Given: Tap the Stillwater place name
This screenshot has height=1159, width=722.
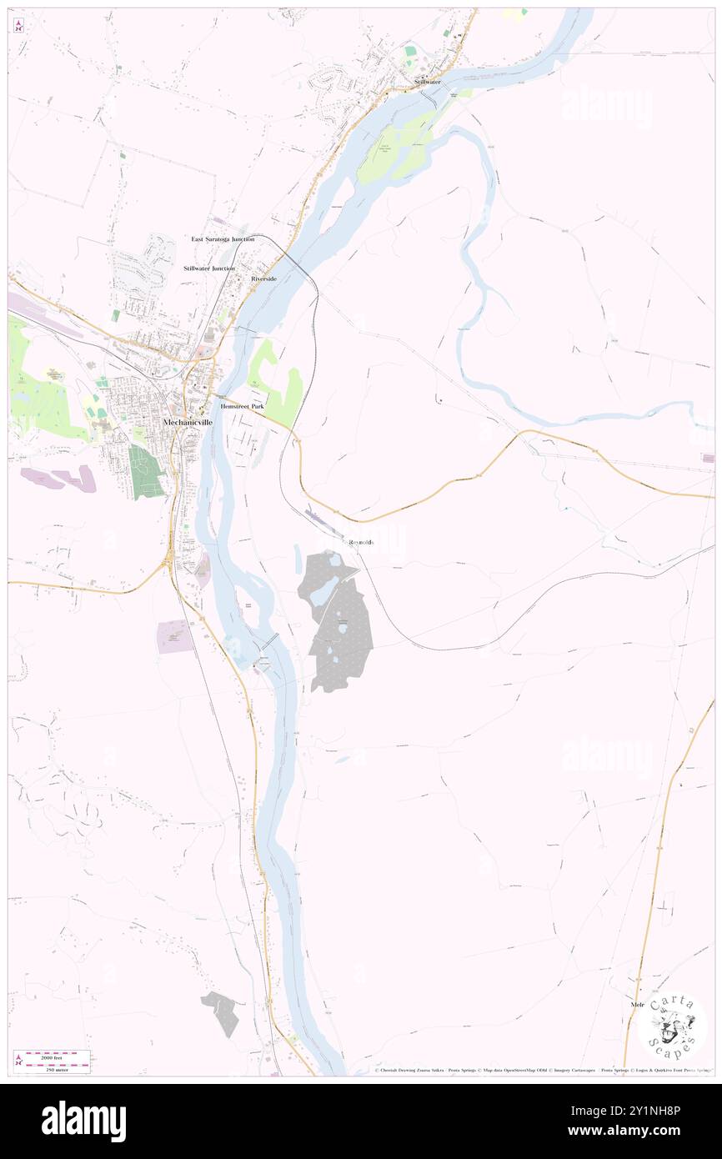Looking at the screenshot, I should coord(428,83).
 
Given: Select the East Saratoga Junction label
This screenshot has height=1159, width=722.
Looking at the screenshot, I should coord(223,239).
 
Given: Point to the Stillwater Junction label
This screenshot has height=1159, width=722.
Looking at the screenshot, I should coord(209,268).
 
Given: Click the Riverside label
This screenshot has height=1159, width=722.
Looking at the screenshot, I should coord(263,278).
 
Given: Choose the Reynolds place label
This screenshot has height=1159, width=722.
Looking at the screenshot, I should coord(361,543).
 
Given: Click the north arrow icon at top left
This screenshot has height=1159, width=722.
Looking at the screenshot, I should coord(19,26).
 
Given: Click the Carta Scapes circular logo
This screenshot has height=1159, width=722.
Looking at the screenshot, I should coord(672,1024).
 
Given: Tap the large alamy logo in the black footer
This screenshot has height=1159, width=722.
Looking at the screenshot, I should coord(83,1121).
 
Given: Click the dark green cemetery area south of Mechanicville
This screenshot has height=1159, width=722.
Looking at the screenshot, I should coord(146,471).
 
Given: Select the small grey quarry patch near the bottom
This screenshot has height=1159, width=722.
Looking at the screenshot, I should coord(220,1012).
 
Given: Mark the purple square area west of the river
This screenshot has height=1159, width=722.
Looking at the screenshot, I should coord(175,636).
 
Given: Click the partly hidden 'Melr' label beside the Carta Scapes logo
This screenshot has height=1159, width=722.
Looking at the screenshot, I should coord(639,1005).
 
